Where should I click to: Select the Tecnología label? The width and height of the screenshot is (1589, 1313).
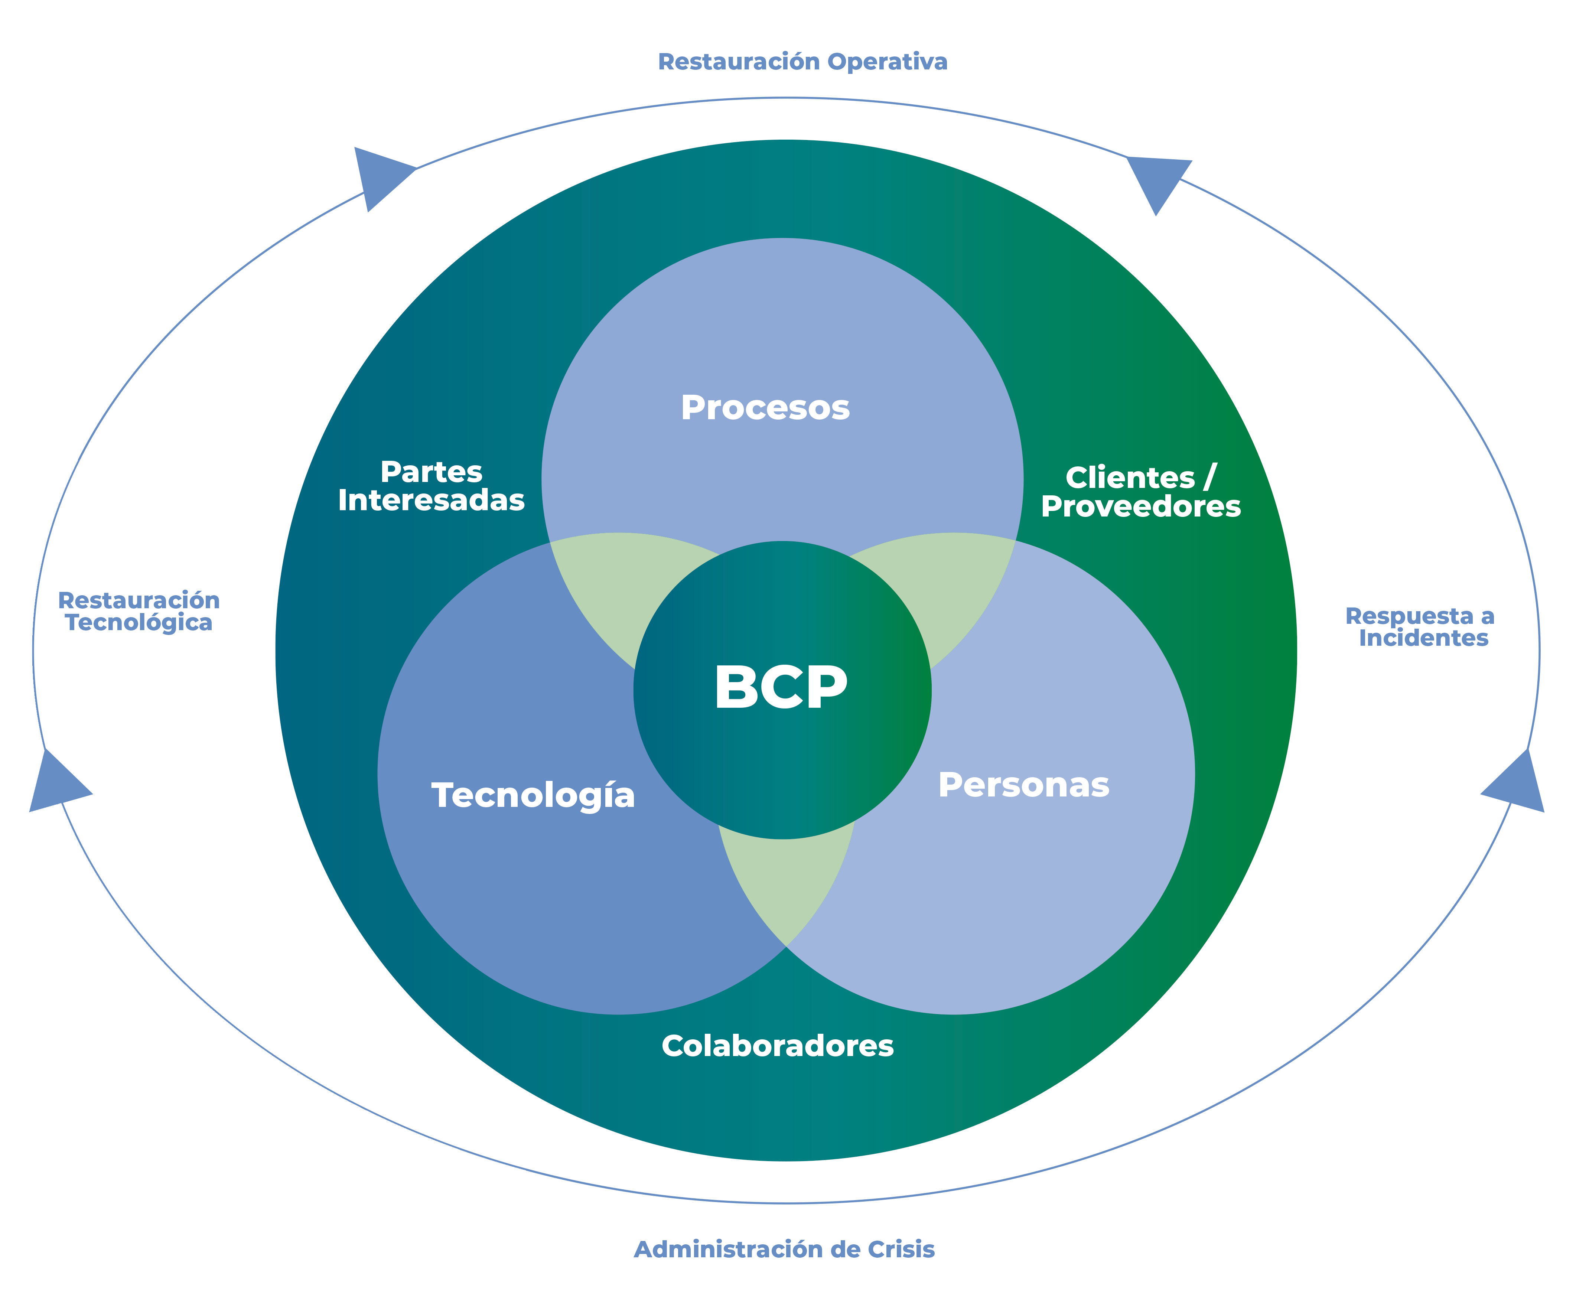pos(533,796)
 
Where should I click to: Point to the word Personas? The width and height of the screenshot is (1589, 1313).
pos(1023,785)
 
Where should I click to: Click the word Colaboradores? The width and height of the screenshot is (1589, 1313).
pos(778,1046)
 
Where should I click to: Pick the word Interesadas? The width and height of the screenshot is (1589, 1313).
pos(431,501)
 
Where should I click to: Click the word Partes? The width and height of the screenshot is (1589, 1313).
pos(431,472)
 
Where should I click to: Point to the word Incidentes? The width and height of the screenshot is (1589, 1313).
pos(1423,638)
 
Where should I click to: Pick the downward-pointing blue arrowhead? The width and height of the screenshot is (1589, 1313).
pos(1157,182)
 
